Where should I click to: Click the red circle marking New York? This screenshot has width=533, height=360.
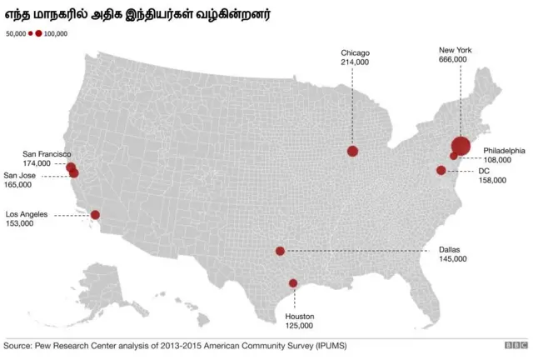[x=461, y=146]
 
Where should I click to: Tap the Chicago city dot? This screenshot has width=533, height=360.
[x=352, y=151]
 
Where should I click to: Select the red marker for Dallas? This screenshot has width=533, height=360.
[x=280, y=251]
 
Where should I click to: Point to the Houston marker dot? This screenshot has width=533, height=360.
[x=292, y=283]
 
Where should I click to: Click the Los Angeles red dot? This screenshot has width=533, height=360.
[x=95, y=215]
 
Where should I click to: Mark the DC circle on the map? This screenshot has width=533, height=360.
[x=441, y=171]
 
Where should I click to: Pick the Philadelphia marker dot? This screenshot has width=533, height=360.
[x=453, y=156]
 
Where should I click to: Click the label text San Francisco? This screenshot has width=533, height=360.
[x=47, y=154]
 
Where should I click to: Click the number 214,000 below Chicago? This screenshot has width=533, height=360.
[x=355, y=62]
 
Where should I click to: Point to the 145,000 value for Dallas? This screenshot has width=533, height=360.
[x=452, y=259]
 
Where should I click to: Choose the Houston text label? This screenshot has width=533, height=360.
[x=300, y=317]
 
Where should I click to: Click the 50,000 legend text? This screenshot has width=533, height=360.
[x=16, y=34]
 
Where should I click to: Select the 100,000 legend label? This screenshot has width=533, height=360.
[x=56, y=34]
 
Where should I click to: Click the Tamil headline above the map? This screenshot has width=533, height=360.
[x=137, y=15]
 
